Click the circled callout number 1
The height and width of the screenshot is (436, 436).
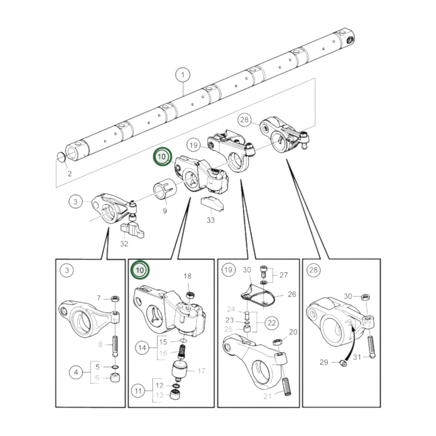183,75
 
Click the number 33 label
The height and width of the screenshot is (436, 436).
210,220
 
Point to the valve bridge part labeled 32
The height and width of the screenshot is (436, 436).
132,230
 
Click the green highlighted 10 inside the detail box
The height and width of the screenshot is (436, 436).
140,270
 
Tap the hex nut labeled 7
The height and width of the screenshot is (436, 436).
115,299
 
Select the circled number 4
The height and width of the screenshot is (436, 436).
76,372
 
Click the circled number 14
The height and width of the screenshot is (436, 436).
142,348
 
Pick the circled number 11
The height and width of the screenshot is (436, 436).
138,391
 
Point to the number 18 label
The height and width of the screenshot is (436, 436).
187,276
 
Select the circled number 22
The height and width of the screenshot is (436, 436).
272,323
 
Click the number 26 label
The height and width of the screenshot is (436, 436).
291,294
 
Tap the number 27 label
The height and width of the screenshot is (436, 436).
283,275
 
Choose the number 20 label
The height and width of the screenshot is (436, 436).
293,332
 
